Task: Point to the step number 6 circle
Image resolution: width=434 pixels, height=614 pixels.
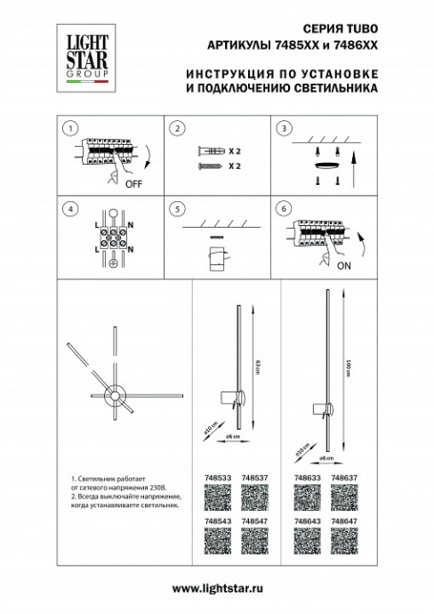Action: tap(282, 209)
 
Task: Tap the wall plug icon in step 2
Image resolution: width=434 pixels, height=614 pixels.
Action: tap(205, 151)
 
